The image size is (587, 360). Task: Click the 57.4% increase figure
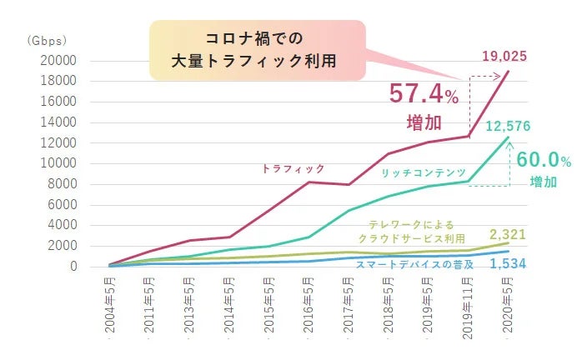pos(422,93)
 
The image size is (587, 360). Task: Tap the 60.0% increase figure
pos(543,159)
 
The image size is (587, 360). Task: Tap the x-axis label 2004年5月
pos(111,306)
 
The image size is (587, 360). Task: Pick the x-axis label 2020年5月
pos(507,306)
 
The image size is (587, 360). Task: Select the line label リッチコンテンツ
pos(423,172)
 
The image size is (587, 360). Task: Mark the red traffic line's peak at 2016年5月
pos(309,182)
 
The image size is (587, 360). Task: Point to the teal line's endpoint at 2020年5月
pos(507,137)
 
